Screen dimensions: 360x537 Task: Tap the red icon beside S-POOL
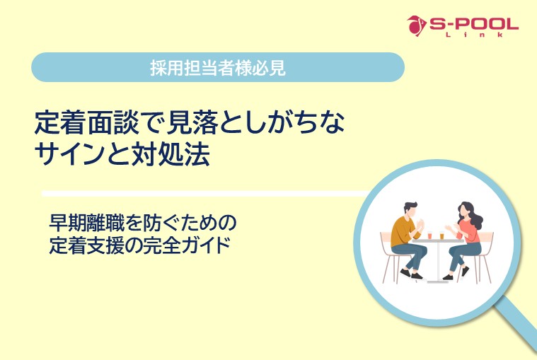pyautogui.click(x=417, y=25)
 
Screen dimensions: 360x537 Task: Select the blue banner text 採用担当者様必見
pyautogui.click(x=218, y=68)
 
